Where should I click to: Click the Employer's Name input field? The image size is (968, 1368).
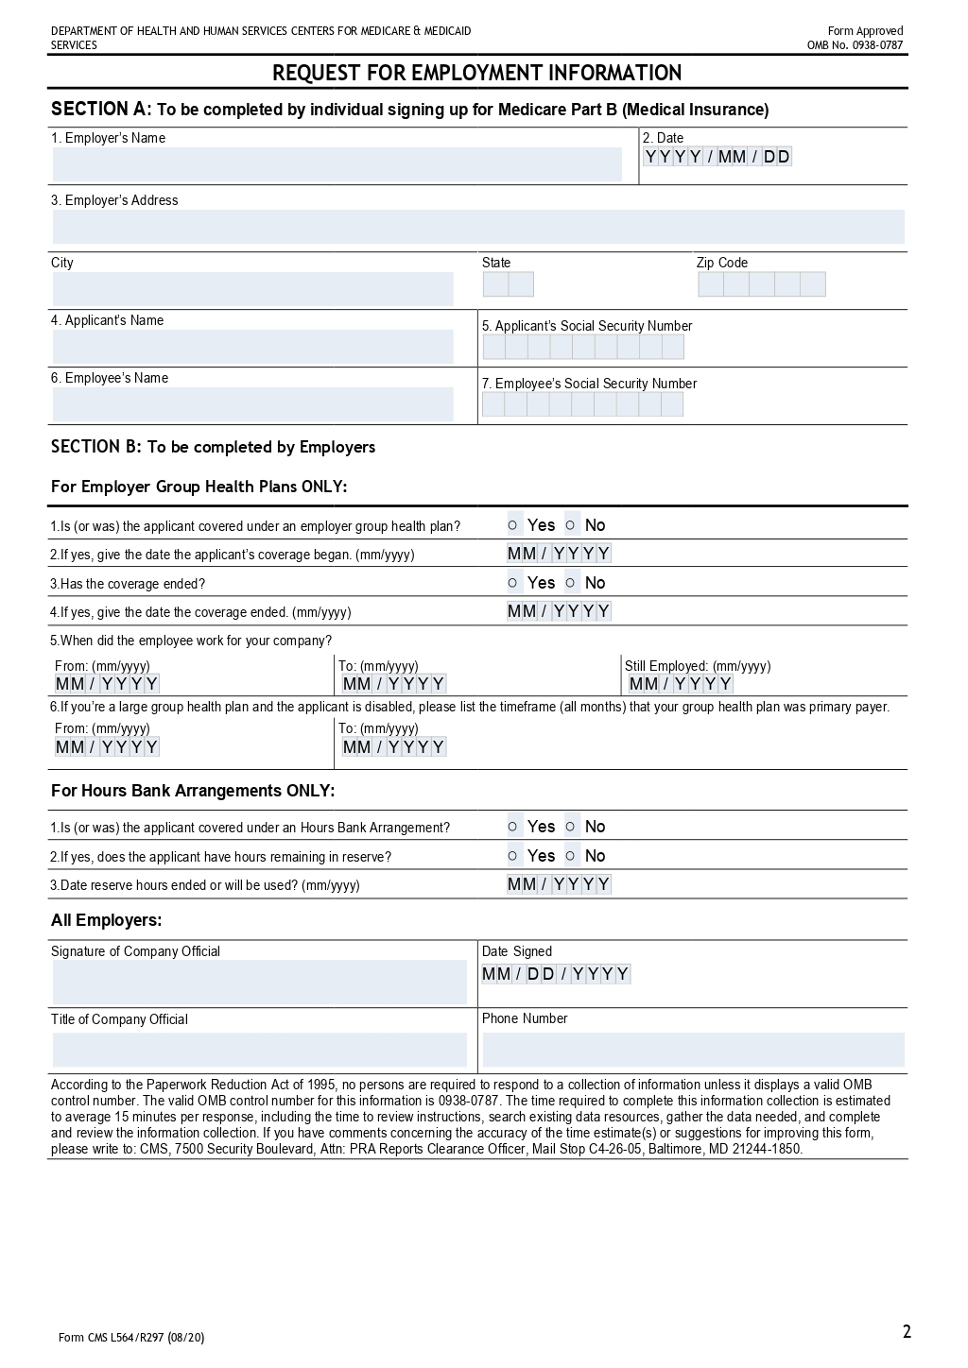337,164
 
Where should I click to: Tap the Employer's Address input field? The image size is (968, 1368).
477,227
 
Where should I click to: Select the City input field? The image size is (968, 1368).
252,288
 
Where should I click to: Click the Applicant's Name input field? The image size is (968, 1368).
252,347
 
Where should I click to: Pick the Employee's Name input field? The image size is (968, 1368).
252,404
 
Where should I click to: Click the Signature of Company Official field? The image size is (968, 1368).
259,982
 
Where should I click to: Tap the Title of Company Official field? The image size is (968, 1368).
259,1050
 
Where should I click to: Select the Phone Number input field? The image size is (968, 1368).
693,1050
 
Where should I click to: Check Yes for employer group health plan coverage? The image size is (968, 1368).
513,525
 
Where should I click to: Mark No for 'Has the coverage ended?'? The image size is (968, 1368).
571,583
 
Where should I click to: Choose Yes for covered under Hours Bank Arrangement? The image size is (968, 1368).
513,827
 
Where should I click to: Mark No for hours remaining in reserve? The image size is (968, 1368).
571,856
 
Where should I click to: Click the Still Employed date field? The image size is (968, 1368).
681,684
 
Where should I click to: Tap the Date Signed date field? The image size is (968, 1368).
556,974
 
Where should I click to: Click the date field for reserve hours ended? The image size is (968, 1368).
559,884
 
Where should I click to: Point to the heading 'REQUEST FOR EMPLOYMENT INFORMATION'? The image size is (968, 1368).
477,73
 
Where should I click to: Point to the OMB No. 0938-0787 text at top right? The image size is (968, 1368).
855,45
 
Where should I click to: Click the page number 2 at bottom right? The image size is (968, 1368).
907,1332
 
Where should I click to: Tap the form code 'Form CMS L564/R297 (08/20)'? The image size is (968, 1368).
131,1337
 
